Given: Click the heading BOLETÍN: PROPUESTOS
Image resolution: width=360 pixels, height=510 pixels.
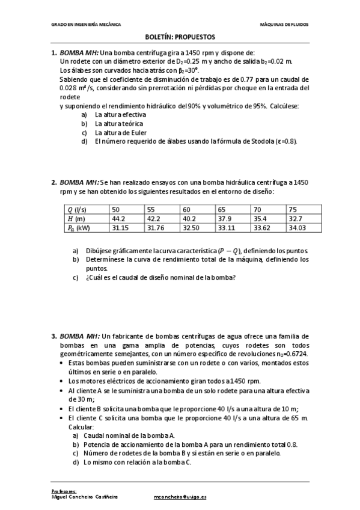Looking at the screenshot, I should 180,37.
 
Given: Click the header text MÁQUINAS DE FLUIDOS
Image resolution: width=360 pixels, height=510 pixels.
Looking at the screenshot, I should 284,25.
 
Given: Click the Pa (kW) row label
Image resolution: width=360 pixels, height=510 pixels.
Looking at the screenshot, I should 79,229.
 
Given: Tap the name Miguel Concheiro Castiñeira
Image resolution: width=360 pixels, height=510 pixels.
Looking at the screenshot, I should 85,497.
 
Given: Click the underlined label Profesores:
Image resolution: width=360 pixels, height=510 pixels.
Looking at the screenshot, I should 64,491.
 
